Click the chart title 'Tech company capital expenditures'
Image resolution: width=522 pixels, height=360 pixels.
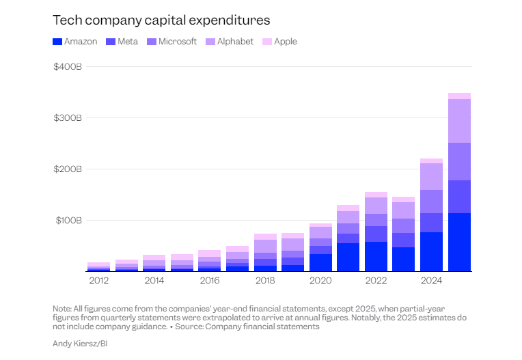[161, 19]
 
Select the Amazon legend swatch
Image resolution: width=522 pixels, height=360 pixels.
[57, 42]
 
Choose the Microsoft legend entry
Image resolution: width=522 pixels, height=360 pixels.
[172, 42]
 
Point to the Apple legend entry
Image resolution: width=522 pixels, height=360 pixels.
[280, 42]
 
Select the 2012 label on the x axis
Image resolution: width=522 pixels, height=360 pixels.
[98, 280]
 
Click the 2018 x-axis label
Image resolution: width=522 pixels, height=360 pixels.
[265, 280]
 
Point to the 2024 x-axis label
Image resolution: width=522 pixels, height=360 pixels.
[431, 280]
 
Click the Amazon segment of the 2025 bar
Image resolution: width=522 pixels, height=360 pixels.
[459, 243]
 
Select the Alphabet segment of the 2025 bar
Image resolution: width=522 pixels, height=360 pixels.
[459, 121]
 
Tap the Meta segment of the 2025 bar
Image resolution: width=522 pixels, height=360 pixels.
[459, 197]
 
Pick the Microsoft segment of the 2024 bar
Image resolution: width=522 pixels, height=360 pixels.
[431, 202]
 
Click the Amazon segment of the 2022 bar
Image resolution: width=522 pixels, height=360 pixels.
[376, 257]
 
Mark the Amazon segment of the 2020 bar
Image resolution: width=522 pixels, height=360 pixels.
[320, 263]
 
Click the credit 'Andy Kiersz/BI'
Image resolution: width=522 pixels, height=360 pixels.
[80, 343]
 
